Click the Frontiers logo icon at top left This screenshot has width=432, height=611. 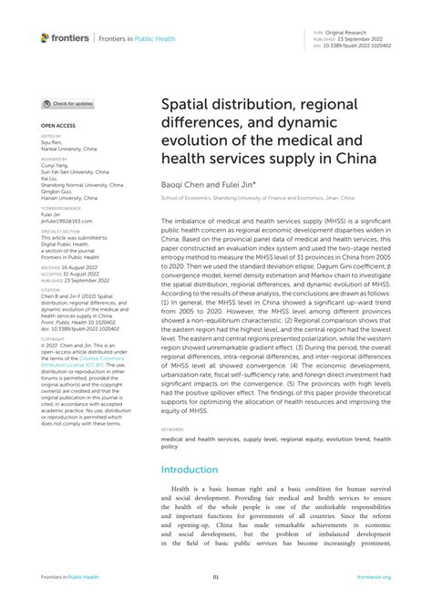(x=45, y=38)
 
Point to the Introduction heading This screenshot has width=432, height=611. (x=190, y=470)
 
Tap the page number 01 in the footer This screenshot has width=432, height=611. (x=216, y=577)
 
